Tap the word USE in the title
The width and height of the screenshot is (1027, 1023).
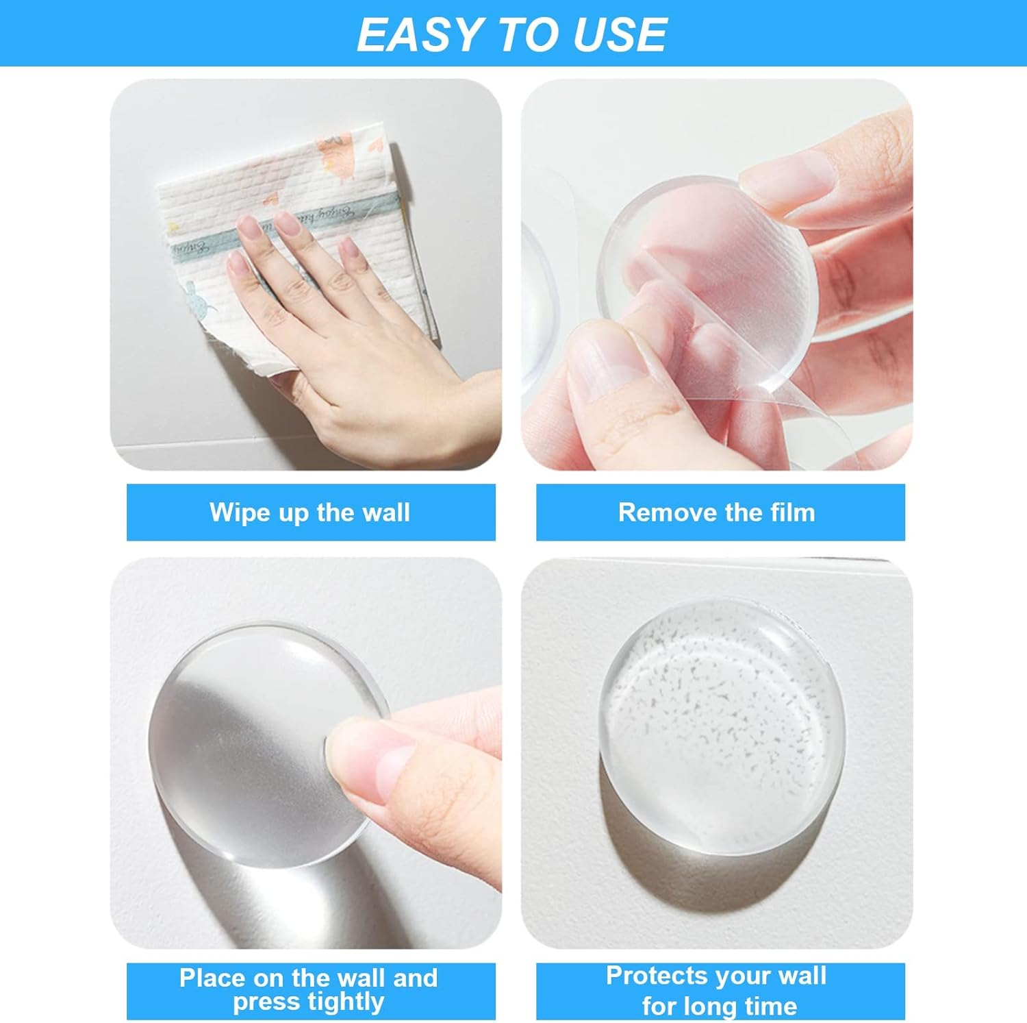tap(620, 34)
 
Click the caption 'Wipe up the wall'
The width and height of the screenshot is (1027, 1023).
tap(309, 513)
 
